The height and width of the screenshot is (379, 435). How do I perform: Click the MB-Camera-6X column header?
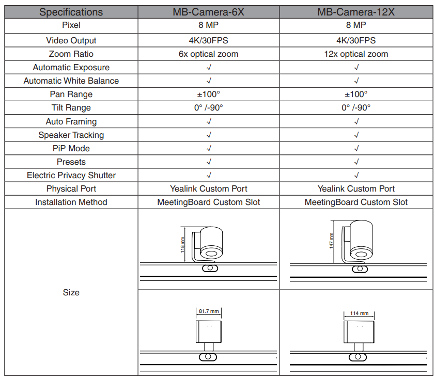208,12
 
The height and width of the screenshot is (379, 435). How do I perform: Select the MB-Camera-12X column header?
356,12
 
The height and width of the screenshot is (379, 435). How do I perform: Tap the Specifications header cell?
71,12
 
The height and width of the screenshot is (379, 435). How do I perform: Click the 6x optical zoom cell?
208,54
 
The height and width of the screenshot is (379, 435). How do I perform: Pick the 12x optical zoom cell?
356,54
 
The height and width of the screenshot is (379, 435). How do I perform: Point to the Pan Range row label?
71,94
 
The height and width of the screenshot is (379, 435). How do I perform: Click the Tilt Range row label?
71,108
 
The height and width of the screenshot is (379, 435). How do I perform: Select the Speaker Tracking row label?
71,135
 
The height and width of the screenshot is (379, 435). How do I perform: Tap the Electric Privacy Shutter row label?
71,176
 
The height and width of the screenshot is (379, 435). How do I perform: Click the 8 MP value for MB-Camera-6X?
208,25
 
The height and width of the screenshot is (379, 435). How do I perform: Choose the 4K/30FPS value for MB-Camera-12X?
356,40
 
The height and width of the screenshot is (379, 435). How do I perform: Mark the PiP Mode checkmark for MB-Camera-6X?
209,149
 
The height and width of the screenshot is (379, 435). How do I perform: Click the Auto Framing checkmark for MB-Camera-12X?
356,122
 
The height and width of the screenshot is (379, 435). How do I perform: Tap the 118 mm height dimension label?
182,244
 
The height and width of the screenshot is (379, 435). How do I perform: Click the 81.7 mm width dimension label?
209,311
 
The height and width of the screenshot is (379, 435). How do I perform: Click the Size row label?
71,293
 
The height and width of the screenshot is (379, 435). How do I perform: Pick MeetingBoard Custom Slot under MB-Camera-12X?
356,202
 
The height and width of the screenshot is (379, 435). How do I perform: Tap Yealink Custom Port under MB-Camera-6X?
208,189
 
